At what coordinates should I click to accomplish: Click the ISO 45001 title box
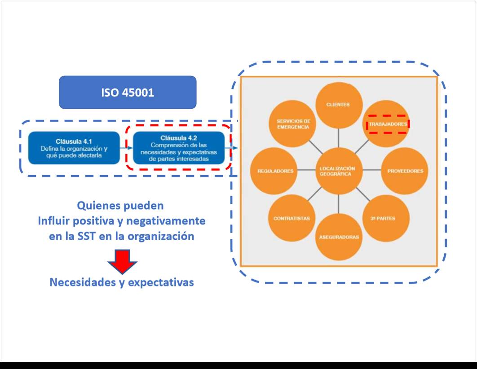point(128,92)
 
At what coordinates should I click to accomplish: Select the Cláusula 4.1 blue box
point(74,148)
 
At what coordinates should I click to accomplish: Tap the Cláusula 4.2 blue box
point(179,148)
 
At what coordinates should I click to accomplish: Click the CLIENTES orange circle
point(338,105)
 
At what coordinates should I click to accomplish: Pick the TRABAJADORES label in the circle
point(388,124)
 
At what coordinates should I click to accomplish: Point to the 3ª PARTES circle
point(386,218)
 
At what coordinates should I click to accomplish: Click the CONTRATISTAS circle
point(291,218)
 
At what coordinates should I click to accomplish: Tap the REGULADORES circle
point(275,171)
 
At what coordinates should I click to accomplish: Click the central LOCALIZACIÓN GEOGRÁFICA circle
point(338,171)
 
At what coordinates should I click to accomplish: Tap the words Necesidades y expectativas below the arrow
point(122,283)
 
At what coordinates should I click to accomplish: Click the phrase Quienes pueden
point(120,206)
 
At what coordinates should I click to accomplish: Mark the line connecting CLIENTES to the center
point(338,137)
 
